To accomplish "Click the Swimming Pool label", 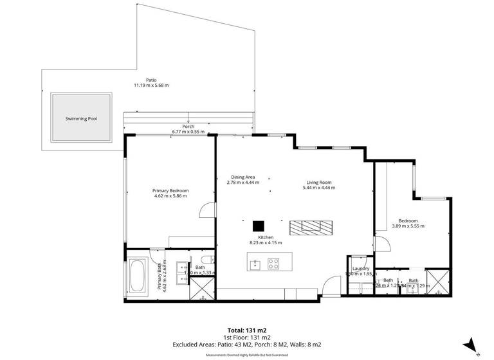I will (x=81, y=119).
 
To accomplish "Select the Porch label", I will (x=188, y=127).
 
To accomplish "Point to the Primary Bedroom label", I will (x=170, y=190).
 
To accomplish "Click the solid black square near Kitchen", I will (x=259, y=226).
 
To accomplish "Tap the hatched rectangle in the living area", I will (x=311, y=226).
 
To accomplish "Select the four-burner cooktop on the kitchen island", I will (x=273, y=262).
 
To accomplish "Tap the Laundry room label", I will (x=360, y=269).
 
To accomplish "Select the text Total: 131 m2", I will (x=247, y=329).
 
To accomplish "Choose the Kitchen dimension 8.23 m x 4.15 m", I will (x=266, y=242).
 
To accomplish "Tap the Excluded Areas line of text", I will (x=247, y=345).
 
